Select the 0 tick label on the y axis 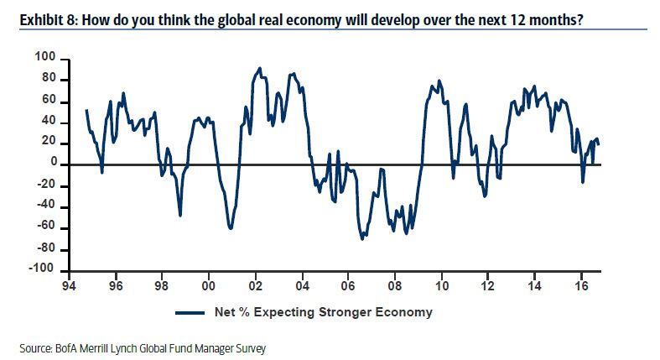[51, 163]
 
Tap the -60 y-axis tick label [45, 227]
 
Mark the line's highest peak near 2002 [260, 69]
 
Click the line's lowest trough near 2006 [362, 239]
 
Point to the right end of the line [599, 144]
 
